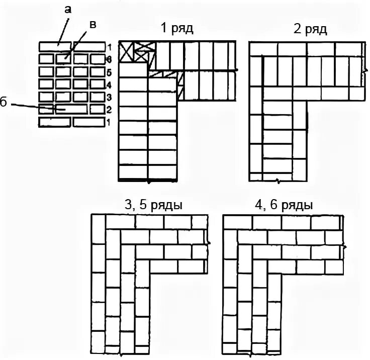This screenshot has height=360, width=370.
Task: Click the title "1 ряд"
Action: (176, 29)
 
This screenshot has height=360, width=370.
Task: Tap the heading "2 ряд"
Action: (310, 29)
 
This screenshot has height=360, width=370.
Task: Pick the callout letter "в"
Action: (92, 24)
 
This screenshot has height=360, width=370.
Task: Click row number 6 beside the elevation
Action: (109, 59)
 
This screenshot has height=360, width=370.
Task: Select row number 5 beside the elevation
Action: (109, 72)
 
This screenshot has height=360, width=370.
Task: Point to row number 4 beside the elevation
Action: (109, 84)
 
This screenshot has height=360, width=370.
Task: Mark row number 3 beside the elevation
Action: (109, 97)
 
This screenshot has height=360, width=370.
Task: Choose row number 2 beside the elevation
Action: (109, 109)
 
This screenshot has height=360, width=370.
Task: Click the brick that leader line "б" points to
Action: (70, 109)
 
